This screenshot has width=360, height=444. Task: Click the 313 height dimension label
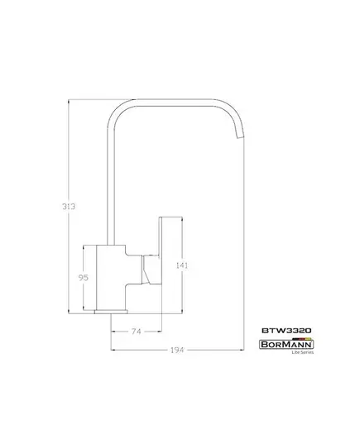69,207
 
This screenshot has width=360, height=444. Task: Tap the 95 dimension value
84,278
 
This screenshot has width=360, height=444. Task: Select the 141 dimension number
182,265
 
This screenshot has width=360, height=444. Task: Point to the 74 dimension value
136,332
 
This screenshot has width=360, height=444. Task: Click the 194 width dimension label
177,351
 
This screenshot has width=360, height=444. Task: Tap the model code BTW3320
286,331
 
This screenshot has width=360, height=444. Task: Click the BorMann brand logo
286,344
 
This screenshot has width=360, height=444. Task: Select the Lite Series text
303,352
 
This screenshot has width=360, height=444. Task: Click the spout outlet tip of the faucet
240,137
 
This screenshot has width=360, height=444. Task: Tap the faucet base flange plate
111,312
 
